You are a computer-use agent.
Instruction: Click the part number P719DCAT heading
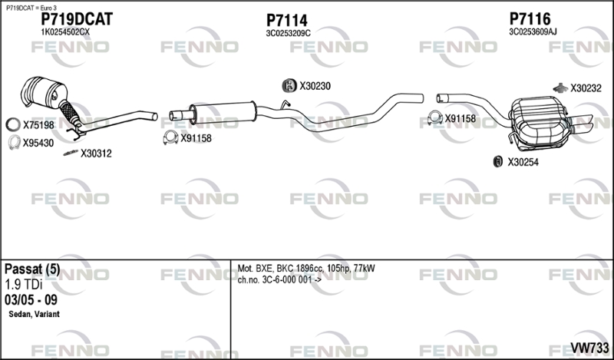click(77, 19)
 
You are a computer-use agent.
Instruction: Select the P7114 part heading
click(286, 21)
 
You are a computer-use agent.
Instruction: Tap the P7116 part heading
click(530, 18)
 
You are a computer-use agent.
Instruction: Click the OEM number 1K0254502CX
click(65, 32)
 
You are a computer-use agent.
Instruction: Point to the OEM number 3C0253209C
click(289, 34)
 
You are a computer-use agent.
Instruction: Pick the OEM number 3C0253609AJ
click(533, 32)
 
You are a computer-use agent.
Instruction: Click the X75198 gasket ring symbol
click(13, 124)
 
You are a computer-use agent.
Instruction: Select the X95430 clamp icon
click(14, 142)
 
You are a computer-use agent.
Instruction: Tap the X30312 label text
click(96, 154)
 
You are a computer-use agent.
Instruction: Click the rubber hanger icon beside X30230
click(289, 86)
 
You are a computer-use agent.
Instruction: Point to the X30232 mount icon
click(560, 88)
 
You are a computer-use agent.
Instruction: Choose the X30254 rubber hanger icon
click(497, 161)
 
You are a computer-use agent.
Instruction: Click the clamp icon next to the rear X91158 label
click(434, 118)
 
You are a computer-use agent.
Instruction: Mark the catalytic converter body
click(44, 93)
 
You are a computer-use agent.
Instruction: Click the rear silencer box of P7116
click(540, 123)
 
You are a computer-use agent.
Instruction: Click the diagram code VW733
click(589, 348)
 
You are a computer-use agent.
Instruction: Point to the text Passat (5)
click(32, 269)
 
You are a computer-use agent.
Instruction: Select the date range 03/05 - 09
click(31, 300)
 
